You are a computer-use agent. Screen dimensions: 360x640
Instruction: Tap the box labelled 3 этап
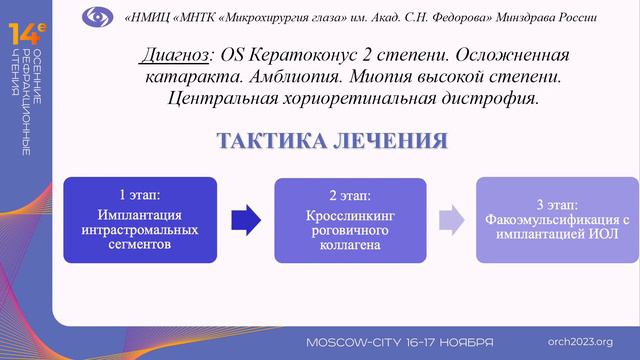click(554, 220)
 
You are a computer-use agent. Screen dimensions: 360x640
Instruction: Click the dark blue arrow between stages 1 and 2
click(245, 219)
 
